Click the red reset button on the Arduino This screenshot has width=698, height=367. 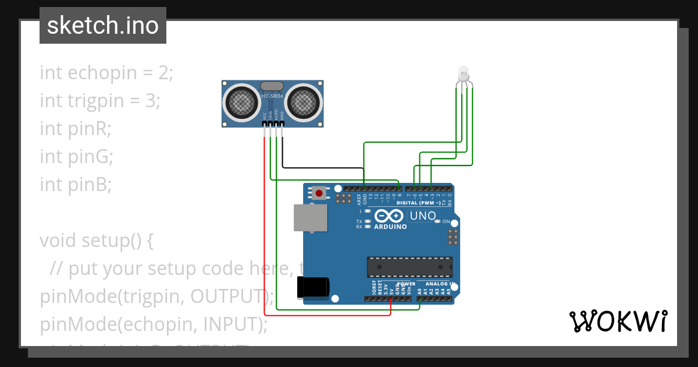(319, 193)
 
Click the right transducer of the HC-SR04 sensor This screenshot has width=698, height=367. (303, 103)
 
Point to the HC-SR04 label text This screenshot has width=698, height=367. (272, 96)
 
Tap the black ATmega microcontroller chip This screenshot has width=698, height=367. (409, 266)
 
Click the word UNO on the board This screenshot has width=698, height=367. (423, 216)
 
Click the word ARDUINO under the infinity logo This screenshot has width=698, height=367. (391, 227)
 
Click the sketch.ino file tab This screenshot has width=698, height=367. (103, 26)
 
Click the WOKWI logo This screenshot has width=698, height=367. (618, 321)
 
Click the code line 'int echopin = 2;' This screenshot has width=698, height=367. (106, 73)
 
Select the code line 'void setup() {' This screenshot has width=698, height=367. (97, 240)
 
